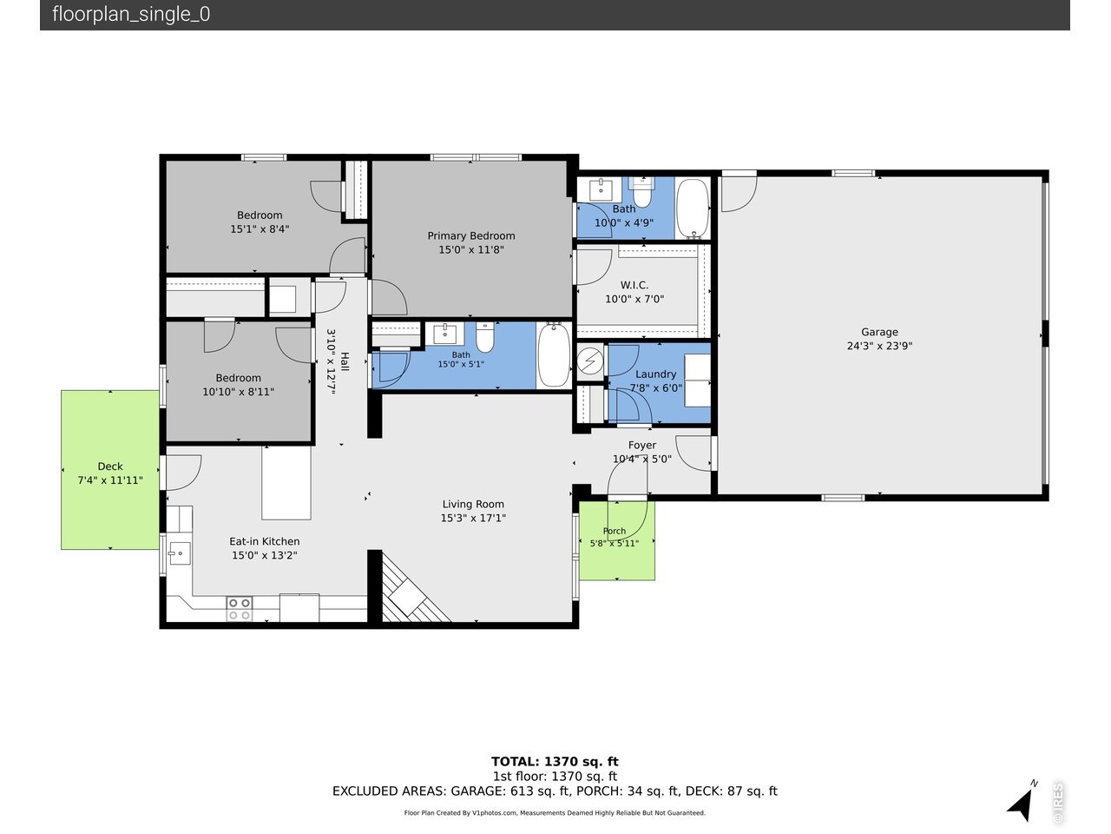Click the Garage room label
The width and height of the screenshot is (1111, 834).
point(879,332)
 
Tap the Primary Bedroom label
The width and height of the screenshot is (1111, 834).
point(470,236)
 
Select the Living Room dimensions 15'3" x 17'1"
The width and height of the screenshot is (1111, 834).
point(473,518)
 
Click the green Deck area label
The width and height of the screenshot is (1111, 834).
point(110,467)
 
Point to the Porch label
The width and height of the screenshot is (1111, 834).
point(614,531)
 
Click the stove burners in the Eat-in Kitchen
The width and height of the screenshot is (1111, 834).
point(240,609)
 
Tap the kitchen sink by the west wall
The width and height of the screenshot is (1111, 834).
point(179,553)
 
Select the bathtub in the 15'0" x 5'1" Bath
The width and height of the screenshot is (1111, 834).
point(554,355)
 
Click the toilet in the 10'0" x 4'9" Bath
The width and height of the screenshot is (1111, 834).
point(641,192)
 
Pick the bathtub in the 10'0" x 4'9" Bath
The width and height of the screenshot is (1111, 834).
point(693,208)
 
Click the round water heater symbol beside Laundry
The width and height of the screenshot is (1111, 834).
point(589,361)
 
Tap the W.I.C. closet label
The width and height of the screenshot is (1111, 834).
point(634,285)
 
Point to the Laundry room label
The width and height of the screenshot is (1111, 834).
point(655,374)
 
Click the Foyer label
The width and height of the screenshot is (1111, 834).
point(641,445)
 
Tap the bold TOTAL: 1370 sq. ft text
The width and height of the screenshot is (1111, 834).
point(555,762)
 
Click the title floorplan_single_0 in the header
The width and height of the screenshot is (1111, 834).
point(131,14)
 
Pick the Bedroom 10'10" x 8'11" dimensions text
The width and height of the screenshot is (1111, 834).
point(238,392)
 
